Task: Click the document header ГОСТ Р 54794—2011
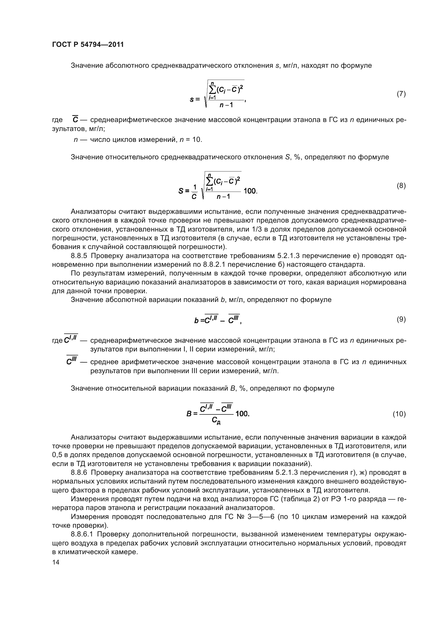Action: [x=88, y=44]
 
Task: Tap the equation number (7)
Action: [x=401, y=94]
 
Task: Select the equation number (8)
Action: [x=401, y=186]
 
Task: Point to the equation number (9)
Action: [x=401, y=319]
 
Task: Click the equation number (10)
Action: [x=399, y=414]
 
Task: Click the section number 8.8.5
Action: [x=79, y=256]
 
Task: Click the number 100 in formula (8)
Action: [x=250, y=191]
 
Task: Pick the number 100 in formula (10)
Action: [x=242, y=414]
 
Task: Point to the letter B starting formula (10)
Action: [x=189, y=414]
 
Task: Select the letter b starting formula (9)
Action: [x=196, y=320]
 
